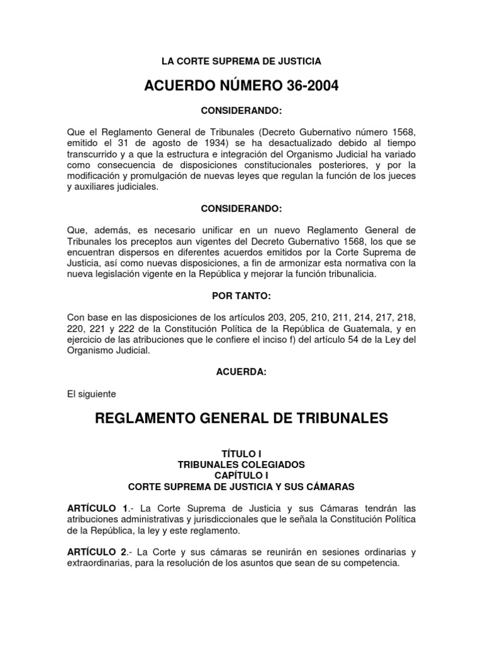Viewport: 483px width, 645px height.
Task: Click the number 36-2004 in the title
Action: tap(300, 86)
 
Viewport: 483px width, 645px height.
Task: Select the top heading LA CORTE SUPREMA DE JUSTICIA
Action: tap(241, 61)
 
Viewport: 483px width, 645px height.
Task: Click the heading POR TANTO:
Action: tap(241, 295)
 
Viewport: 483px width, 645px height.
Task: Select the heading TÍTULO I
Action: tap(241, 454)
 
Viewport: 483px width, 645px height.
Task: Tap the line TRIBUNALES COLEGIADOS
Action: tap(241, 464)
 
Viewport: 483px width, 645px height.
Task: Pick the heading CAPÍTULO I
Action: tap(241, 476)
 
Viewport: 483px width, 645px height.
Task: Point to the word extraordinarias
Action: tap(97, 562)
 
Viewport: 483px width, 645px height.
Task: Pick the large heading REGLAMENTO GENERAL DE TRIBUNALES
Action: tap(241, 418)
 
